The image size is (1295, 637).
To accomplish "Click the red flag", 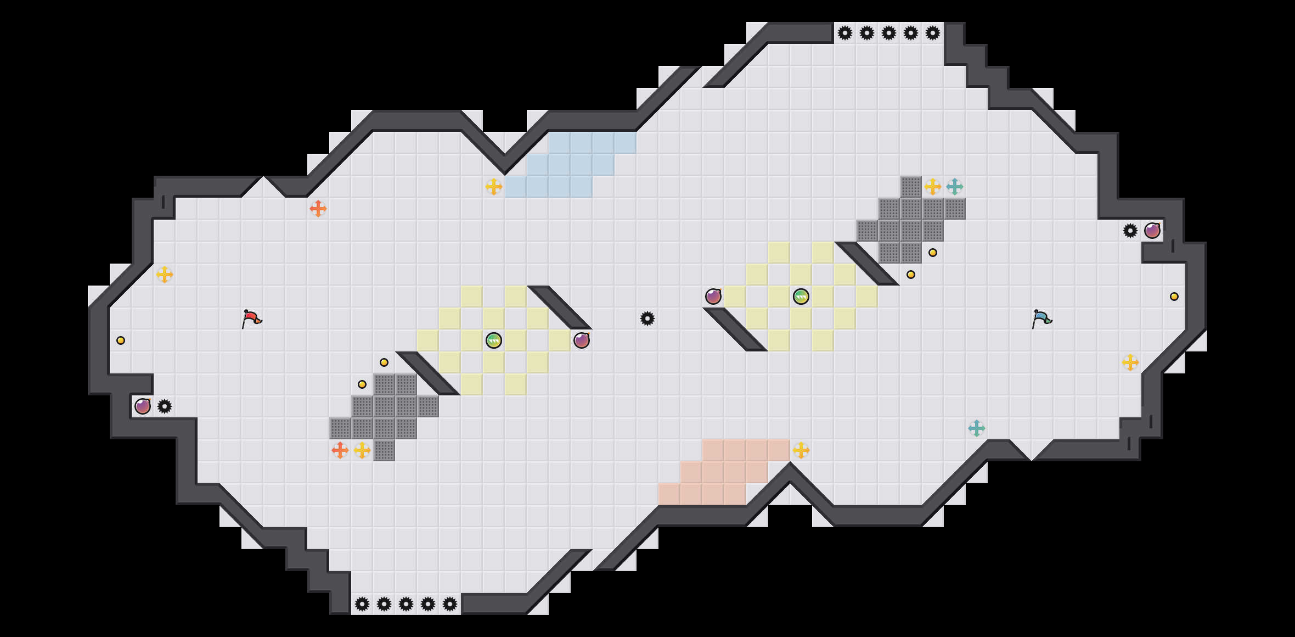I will pyautogui.click(x=251, y=318).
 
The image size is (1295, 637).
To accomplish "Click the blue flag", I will pyautogui.click(x=1041, y=318).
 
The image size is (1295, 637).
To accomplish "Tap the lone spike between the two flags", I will pyautogui.click(x=647, y=318).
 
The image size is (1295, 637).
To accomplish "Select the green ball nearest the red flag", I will pyautogui.click(x=494, y=340).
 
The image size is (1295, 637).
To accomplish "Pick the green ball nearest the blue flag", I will pyautogui.click(x=801, y=297).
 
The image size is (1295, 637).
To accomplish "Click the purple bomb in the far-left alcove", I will pyautogui.click(x=143, y=406).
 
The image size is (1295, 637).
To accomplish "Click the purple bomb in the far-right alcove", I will pyautogui.click(x=1152, y=231).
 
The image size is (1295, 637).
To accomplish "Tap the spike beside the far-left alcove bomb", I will pyautogui.click(x=165, y=406).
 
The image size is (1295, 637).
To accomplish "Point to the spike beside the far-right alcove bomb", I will pyautogui.click(x=1130, y=231).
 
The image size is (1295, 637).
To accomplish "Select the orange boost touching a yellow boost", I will pyautogui.click(x=340, y=450).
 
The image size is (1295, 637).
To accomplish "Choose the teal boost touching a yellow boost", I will pyautogui.click(x=955, y=187).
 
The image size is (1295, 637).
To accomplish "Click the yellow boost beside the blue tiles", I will pyautogui.click(x=494, y=187).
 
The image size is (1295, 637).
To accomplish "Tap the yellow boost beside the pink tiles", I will pyautogui.click(x=801, y=450).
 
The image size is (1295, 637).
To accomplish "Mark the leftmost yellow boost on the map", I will pyautogui.click(x=165, y=275).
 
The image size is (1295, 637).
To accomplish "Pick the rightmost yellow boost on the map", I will pyautogui.click(x=1130, y=362).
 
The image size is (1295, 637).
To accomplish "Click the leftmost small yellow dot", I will pyautogui.click(x=121, y=340).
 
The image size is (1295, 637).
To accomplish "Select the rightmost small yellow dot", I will pyautogui.click(x=1174, y=297).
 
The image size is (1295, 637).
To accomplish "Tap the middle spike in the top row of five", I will pyautogui.click(x=889, y=33).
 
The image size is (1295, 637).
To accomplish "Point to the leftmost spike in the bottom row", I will pyautogui.click(x=362, y=604).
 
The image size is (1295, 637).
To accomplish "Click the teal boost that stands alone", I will pyautogui.click(x=977, y=428).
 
